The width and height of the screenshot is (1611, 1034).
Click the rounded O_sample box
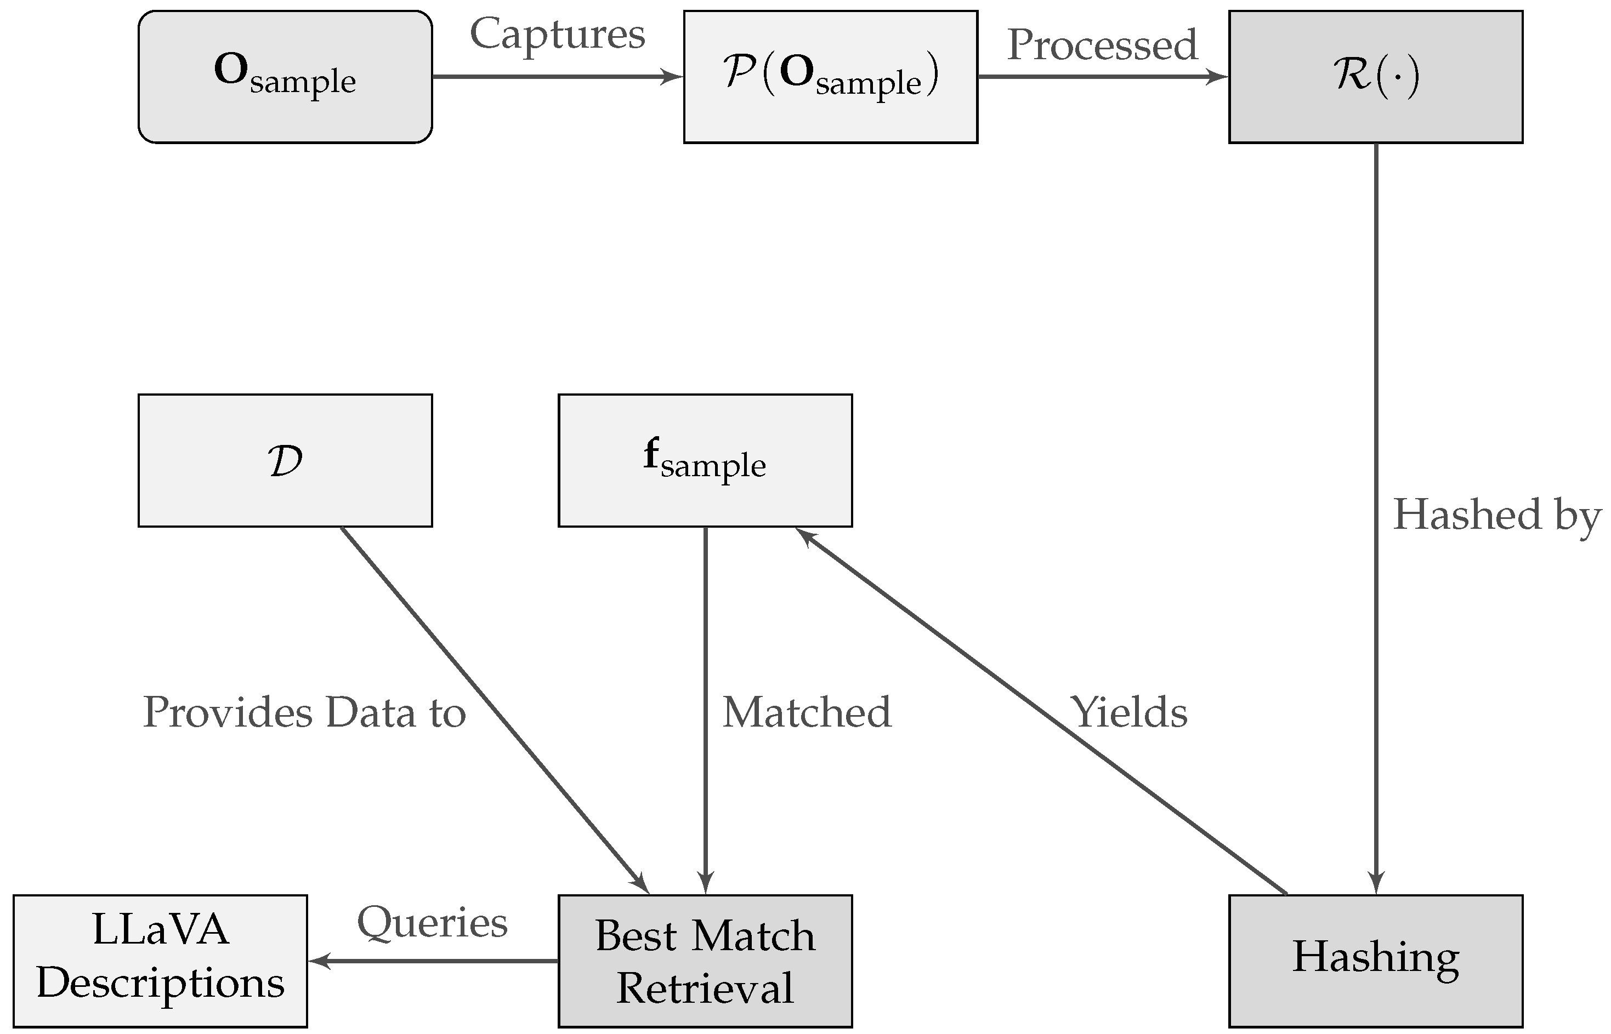point(285,77)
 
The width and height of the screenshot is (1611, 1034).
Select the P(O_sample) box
point(830,77)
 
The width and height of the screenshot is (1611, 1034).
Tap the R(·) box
point(1375,77)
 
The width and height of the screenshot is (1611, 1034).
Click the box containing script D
point(285,461)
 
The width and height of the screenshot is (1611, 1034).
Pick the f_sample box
point(705,461)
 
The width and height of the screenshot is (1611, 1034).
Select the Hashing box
point(1375,961)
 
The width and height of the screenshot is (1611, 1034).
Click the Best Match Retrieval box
point(705,961)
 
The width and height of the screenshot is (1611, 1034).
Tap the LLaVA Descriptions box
point(160,961)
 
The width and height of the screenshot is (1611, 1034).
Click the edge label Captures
point(557,33)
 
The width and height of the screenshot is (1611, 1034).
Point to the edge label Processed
point(1102,44)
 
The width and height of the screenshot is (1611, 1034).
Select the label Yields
point(1128,713)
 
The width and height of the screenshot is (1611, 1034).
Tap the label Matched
point(806,713)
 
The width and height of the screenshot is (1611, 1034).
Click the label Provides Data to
point(304,713)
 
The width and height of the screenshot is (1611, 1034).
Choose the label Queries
point(432,923)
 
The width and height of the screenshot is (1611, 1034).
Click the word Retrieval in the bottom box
point(705,989)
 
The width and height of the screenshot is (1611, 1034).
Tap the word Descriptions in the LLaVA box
point(160,984)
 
